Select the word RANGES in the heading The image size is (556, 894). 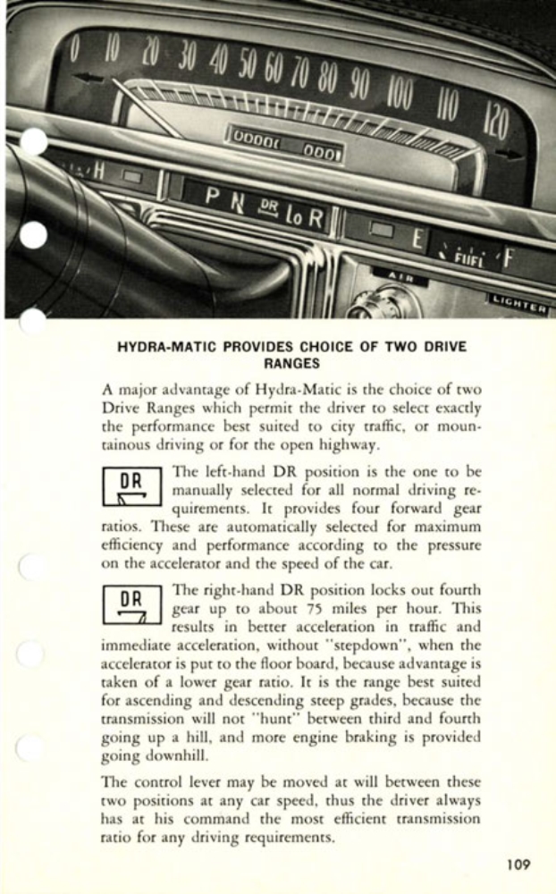pyautogui.click(x=291, y=364)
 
